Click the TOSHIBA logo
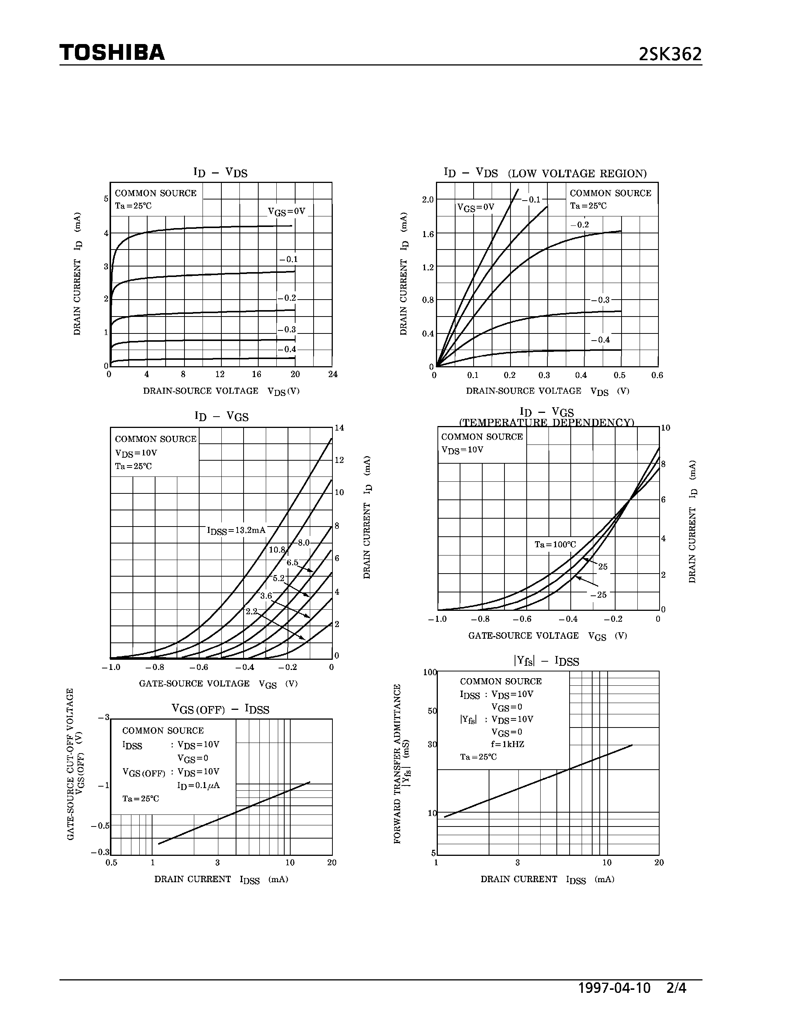coord(112,52)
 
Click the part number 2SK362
coord(670,55)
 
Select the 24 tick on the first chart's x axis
coord(333,374)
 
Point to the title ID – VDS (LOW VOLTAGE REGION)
coord(545,173)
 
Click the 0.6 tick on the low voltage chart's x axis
coord(657,375)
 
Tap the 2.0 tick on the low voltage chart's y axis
coord(428,199)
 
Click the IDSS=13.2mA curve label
coord(236,530)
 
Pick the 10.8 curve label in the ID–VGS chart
coord(277,550)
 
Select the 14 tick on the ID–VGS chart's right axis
coord(339,428)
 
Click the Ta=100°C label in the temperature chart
coord(555,545)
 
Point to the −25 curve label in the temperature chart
coord(599,595)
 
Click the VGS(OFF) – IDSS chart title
coord(220,709)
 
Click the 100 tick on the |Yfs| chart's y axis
coord(430,672)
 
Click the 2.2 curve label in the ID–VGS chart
coord(251,611)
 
